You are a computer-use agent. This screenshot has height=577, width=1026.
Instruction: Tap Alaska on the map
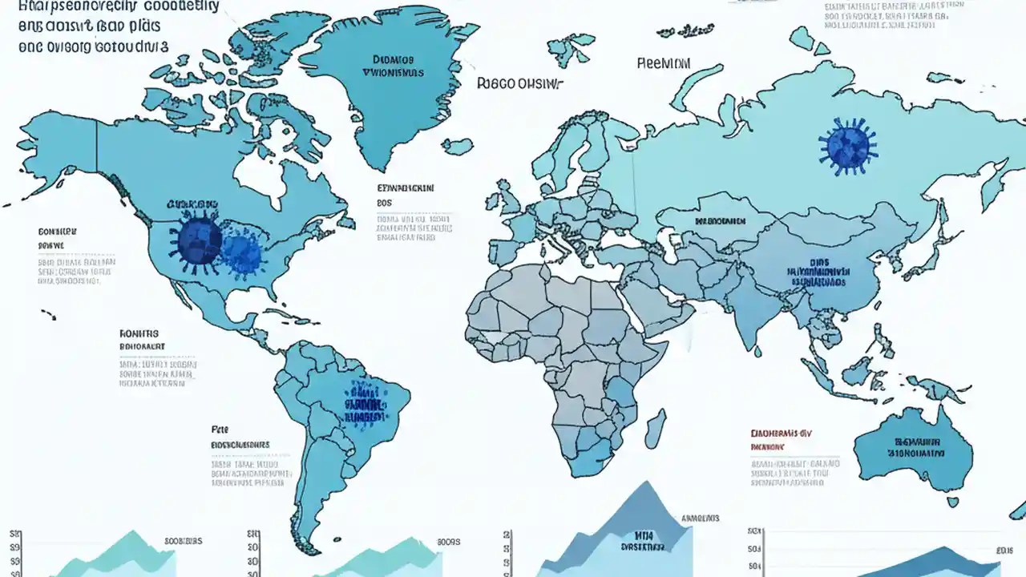click(x=56, y=140)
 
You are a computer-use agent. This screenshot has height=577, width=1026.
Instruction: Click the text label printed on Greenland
click(x=394, y=66)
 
